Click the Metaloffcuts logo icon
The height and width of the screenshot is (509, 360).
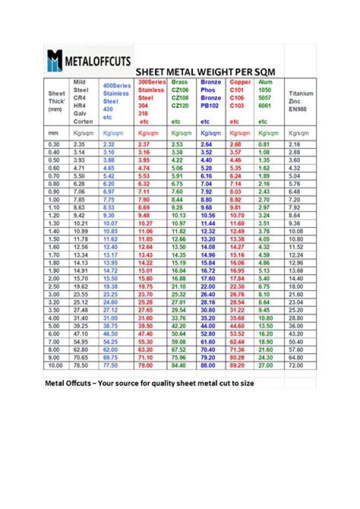pyautogui.click(x=54, y=60)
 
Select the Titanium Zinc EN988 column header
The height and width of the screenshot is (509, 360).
pyautogui.click(x=300, y=101)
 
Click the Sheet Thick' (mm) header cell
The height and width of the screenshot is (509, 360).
pyautogui.click(x=56, y=101)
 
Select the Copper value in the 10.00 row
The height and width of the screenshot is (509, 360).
pyautogui.click(x=237, y=365)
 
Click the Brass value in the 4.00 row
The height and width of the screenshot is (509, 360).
pyautogui.click(x=178, y=318)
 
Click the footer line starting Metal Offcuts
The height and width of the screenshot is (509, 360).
pyautogui.click(x=149, y=383)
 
